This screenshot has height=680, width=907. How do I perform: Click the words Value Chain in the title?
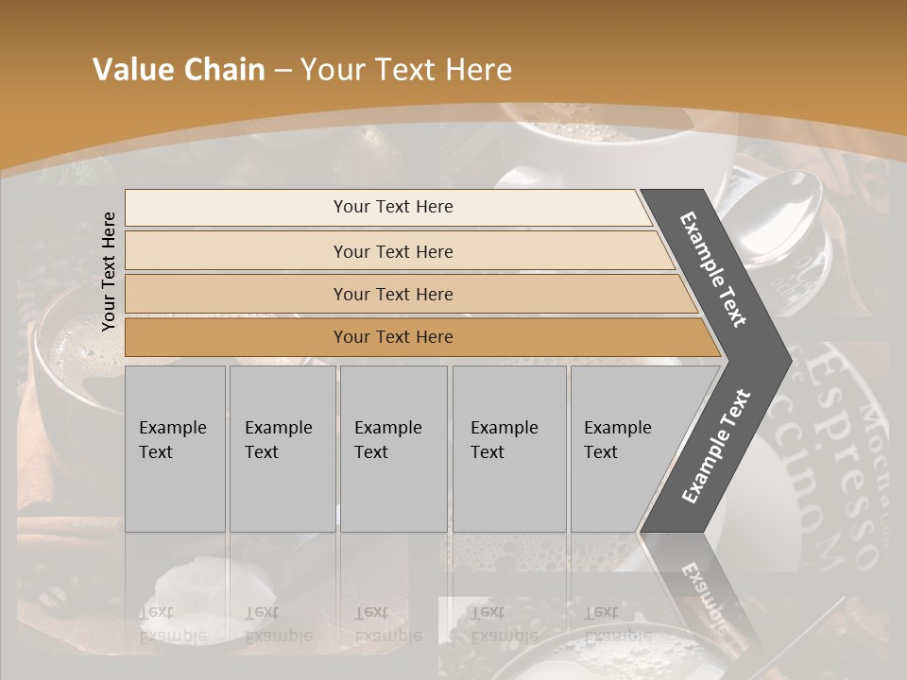179,70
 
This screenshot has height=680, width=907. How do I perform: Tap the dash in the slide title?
282,71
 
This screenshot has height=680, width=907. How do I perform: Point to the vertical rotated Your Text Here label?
109,272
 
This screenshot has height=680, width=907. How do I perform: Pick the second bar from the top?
393,251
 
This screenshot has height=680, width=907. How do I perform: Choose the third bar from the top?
393,294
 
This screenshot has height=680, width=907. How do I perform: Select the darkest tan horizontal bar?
393,337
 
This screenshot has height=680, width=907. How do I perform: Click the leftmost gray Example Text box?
175,449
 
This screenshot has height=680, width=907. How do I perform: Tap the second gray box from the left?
282,449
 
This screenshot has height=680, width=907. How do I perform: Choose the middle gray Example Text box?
393,449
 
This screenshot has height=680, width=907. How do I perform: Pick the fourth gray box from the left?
508,449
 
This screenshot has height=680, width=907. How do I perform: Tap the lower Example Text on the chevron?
716,446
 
